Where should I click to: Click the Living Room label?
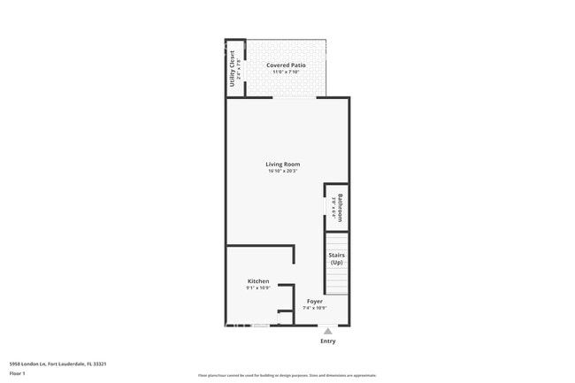[x=283, y=164]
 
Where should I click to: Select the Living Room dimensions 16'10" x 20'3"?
[x=283, y=172]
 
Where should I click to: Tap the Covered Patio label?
[x=286, y=65]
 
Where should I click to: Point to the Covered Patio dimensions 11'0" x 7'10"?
[x=286, y=73]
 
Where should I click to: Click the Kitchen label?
[x=258, y=281]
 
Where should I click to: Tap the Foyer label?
[x=314, y=301]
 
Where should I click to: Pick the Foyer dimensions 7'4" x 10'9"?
[x=314, y=308]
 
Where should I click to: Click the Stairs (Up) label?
[x=337, y=259]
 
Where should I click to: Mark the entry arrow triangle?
[x=327, y=331]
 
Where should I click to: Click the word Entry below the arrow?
[x=327, y=341]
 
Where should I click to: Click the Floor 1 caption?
[x=18, y=373]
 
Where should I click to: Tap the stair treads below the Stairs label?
[x=336, y=281]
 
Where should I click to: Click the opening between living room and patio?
[x=287, y=97]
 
